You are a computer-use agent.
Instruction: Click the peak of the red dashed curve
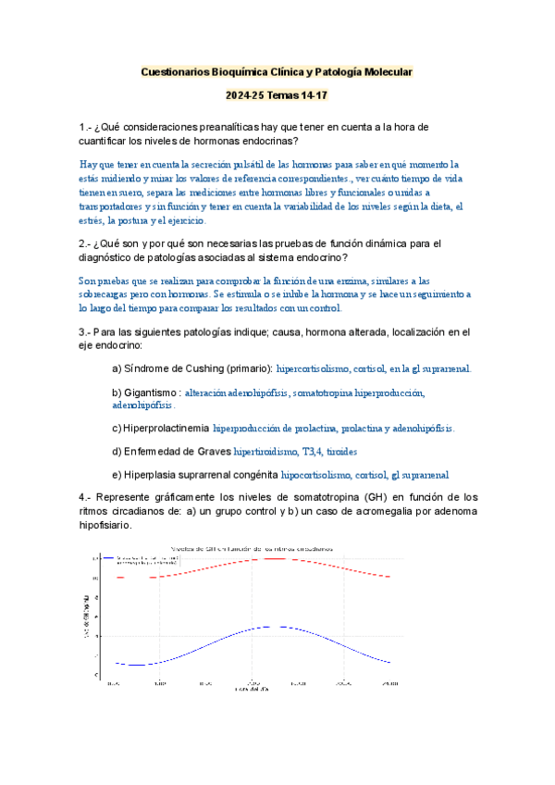pos(277,558)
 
